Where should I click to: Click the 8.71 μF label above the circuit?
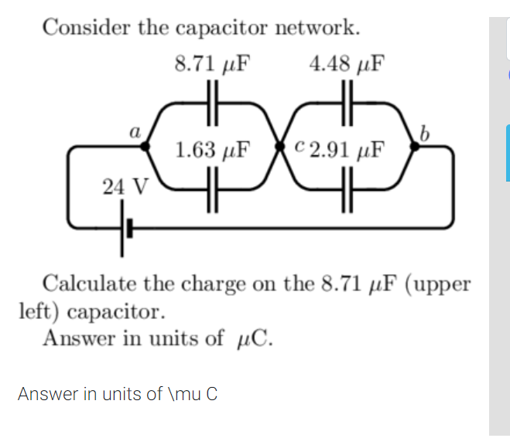213,63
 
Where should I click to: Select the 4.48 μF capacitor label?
347,63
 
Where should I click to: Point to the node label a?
134,131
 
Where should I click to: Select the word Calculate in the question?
91,284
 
